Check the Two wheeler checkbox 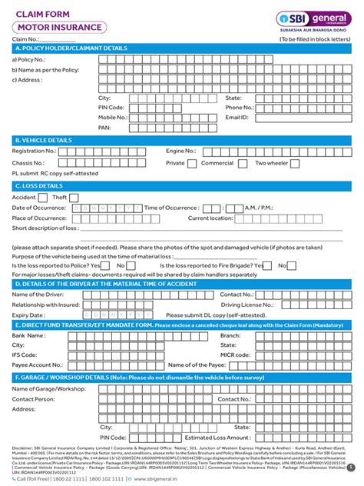tap(320, 163)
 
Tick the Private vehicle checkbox tap(213, 163)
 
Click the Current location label tap(210, 218)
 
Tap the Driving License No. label tap(247, 305)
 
